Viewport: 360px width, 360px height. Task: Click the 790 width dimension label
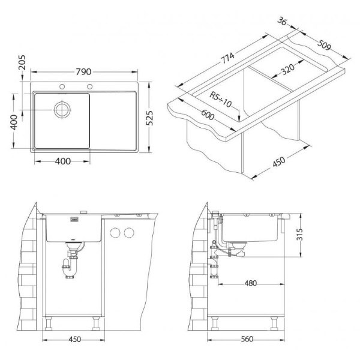pos(83,72)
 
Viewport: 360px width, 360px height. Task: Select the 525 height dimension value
pos(149,118)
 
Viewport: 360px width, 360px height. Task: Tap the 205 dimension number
pos(22,62)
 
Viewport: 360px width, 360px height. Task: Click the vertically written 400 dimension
pos(14,122)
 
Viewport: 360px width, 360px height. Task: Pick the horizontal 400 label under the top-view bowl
pos(62,161)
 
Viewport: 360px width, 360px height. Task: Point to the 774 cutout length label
pos(227,58)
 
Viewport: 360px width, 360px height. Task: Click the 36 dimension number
pos(282,22)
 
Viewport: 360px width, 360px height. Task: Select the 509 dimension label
pos(324,45)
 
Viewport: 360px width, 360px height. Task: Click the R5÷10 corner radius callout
pos(220,100)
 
